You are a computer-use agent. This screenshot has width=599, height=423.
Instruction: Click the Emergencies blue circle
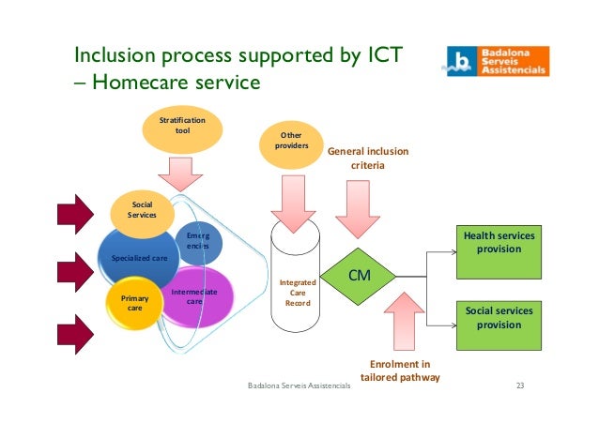click(197, 241)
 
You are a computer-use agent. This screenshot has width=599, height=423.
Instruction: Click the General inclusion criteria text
click(367, 159)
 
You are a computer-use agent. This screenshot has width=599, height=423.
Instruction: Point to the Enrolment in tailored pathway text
click(401, 370)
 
